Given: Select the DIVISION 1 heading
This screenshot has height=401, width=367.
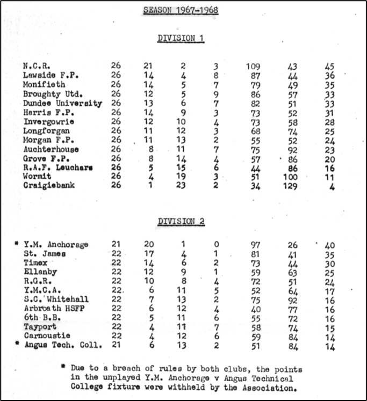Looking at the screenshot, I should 181,39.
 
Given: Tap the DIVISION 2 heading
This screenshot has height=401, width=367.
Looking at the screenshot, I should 181,221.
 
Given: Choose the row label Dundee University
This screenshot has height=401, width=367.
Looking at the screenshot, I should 62,104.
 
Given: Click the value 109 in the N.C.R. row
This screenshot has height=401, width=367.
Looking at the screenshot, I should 253,66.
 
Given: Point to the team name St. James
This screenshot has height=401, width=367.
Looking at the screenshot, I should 45,254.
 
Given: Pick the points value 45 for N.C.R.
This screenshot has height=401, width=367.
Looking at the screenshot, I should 329,66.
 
